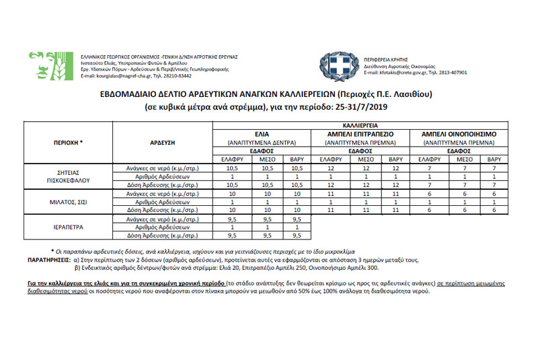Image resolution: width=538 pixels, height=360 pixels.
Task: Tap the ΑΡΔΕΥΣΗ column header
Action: tap(162, 143)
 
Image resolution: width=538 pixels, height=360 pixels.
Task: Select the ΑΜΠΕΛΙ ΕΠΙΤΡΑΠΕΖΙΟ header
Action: tap(360, 134)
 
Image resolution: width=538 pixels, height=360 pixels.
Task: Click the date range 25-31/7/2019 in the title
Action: tap(362, 106)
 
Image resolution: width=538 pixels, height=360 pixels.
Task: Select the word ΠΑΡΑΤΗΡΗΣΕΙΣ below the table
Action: tap(48, 258)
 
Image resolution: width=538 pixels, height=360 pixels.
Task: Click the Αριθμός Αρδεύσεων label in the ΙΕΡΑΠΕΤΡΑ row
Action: tap(162, 227)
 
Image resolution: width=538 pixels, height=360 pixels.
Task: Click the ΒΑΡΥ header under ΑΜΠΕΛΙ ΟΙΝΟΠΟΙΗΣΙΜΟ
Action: tap(494, 159)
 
